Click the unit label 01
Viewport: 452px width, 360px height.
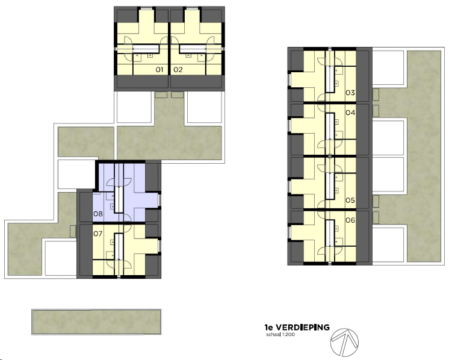click(159, 69)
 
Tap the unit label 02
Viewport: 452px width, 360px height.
click(178, 69)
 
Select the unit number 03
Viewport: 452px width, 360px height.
click(350, 93)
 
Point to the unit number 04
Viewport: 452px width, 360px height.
click(350, 113)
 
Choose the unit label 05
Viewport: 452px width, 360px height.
click(350, 200)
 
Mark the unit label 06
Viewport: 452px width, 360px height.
click(350, 220)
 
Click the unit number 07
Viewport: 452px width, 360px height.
click(98, 234)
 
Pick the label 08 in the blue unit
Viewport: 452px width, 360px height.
click(98, 214)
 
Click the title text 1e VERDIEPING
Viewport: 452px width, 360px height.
click(297, 327)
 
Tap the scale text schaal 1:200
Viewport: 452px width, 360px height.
click(280, 335)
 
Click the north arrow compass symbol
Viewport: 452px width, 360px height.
click(344, 343)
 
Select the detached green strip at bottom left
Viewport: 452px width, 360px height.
click(96, 322)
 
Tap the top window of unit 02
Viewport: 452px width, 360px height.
click(190, 8)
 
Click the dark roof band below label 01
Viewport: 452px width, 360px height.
click(142, 81)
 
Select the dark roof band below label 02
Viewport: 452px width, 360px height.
click(196, 81)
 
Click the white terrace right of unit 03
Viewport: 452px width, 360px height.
click(388, 68)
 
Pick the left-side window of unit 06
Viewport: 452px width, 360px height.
click(289, 233)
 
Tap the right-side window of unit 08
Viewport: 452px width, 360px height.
click(159, 200)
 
